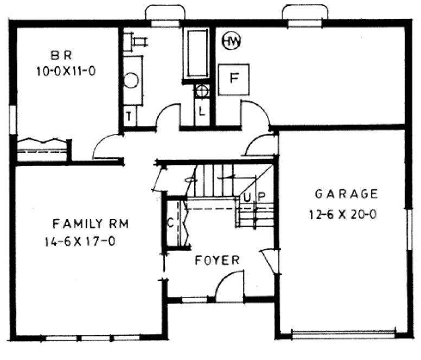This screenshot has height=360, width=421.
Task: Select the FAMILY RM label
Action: (x=90, y=223)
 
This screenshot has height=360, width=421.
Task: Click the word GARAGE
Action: (x=346, y=194)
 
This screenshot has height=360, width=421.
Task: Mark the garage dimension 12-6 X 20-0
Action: (x=343, y=214)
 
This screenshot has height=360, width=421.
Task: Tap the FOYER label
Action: (x=217, y=260)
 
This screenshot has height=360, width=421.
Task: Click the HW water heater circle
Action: (x=232, y=41)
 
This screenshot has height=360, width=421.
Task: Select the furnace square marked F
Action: (x=234, y=79)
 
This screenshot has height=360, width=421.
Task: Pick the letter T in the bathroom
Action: (x=130, y=115)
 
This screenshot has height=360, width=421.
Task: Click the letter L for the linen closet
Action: (x=202, y=112)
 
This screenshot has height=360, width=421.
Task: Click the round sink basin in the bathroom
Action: (x=131, y=81)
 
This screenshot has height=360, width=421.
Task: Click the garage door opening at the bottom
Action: (x=343, y=332)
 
